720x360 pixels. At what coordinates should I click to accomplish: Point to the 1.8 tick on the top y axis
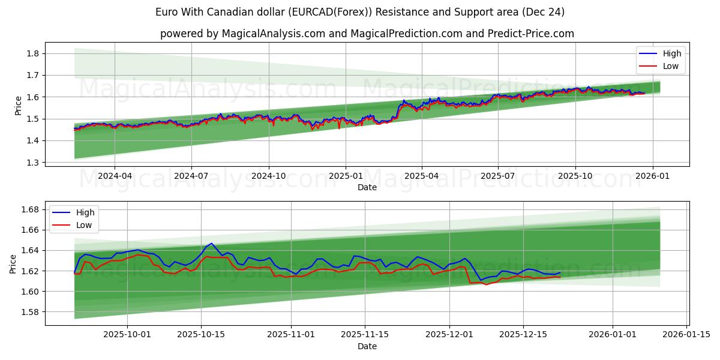point(32,53)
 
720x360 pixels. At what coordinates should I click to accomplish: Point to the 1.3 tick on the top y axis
point(32,163)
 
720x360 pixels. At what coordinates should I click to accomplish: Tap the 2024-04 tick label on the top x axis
point(115,176)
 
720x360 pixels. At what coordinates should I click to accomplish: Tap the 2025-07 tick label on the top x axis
point(498,176)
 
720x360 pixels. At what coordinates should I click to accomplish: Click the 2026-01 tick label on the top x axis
point(652,176)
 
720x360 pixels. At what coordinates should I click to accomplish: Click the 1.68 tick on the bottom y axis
point(30,209)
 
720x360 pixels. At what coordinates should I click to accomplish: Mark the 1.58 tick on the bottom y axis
point(30,312)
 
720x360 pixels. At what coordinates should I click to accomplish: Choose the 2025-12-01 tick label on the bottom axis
point(449,334)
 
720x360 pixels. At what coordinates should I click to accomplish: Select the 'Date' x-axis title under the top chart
point(367,187)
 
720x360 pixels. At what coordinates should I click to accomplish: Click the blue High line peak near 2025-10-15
point(210,244)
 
